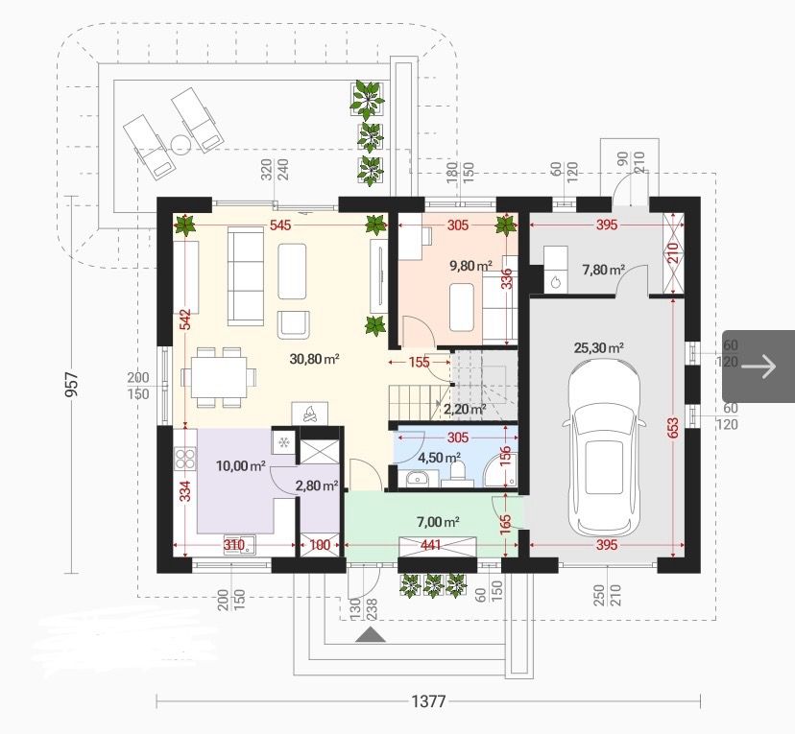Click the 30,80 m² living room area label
pos(314,359)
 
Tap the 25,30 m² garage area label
pos(599,348)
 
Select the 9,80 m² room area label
pos(471,265)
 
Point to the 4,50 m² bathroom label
pos(439,458)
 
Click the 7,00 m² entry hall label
pos(438,521)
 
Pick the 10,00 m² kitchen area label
pos(241,465)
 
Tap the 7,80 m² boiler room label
pos(603,270)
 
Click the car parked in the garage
pos(602,446)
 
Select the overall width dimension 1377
pos(428,701)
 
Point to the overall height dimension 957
pos(73,385)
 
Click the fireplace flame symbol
pos(309,413)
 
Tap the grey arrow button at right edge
pos(759,366)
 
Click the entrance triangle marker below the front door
pos(371,635)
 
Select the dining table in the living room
pos(219,377)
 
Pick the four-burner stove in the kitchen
pos(185,459)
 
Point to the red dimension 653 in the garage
pos(673,428)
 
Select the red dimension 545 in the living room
pos(280,225)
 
